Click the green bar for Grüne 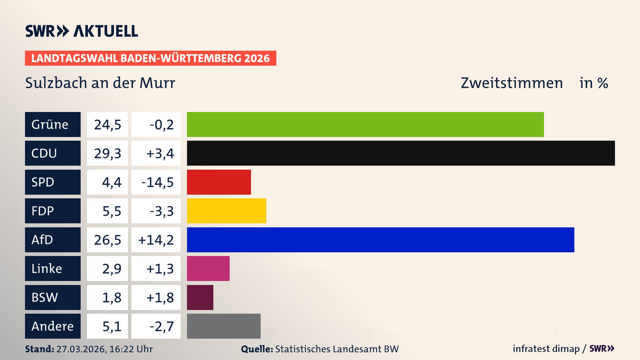(365, 124)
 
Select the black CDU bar (401, 153)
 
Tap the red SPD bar (219, 182)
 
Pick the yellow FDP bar (226, 211)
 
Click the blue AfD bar (380, 240)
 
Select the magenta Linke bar (208, 268)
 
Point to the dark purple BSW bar (200, 297)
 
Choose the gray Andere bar (224, 326)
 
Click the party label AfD (42, 240)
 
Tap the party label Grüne (50, 124)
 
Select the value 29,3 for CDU (107, 153)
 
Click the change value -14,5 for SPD (157, 182)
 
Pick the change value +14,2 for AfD (156, 240)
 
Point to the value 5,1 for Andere (112, 326)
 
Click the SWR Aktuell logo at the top (82, 31)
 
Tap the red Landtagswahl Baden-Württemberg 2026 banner (150, 58)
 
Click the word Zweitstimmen (512, 83)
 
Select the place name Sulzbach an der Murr (100, 83)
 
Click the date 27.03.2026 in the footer (81, 349)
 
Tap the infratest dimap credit (546, 349)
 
